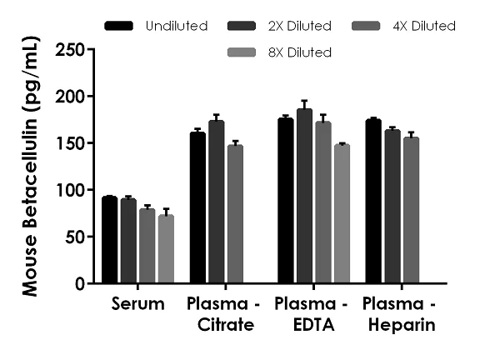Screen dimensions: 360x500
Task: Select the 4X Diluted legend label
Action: click(x=425, y=26)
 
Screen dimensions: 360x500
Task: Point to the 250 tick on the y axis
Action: click(x=90, y=50)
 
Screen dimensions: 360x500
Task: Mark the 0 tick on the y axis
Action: click(x=90, y=283)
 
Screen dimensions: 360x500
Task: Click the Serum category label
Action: click(x=137, y=304)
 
